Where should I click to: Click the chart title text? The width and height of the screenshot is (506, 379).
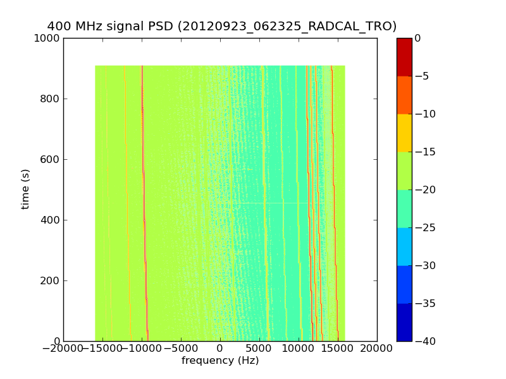(x=222, y=27)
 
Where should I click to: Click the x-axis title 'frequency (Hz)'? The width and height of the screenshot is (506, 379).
(x=220, y=361)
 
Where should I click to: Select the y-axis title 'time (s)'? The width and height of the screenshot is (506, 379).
(x=25, y=189)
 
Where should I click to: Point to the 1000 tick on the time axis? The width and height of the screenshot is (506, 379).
(x=48, y=38)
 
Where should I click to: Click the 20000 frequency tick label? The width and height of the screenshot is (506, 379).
(x=377, y=348)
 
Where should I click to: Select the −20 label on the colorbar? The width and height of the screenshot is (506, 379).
(x=425, y=189)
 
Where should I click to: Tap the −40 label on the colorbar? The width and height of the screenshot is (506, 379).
(x=425, y=341)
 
